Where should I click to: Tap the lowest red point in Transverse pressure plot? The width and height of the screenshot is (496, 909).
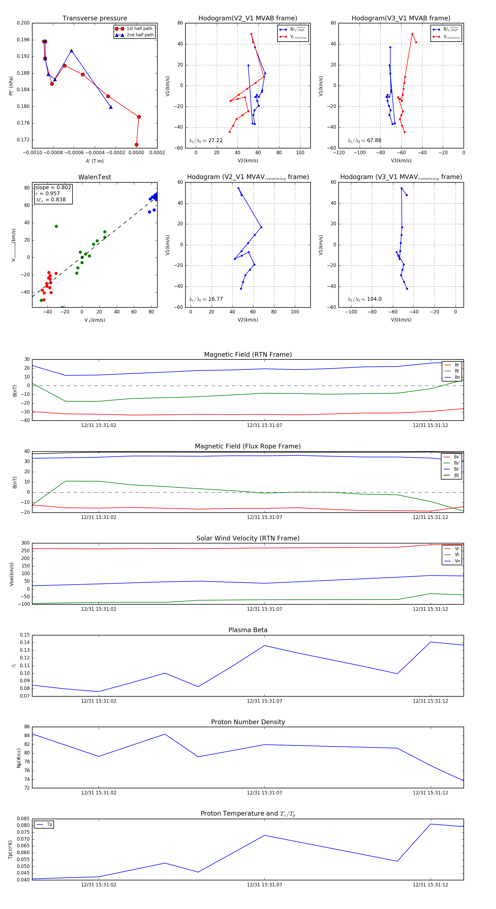(x=136, y=145)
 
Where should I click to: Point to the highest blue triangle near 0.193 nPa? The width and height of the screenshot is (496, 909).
(x=71, y=51)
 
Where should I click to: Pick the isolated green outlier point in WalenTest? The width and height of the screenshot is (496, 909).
(x=56, y=226)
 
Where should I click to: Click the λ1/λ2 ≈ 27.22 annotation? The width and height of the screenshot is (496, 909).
(x=206, y=140)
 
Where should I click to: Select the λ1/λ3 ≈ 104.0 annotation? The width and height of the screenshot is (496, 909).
(x=364, y=299)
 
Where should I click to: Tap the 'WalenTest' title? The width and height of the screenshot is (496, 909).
(x=95, y=177)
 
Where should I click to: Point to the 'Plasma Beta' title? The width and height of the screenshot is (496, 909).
(x=248, y=630)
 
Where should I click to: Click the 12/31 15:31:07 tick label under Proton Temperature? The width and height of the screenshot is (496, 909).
(x=265, y=885)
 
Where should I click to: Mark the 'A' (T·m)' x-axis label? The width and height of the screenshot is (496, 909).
(x=95, y=161)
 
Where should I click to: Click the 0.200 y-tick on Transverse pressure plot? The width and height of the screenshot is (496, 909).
(x=23, y=23)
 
